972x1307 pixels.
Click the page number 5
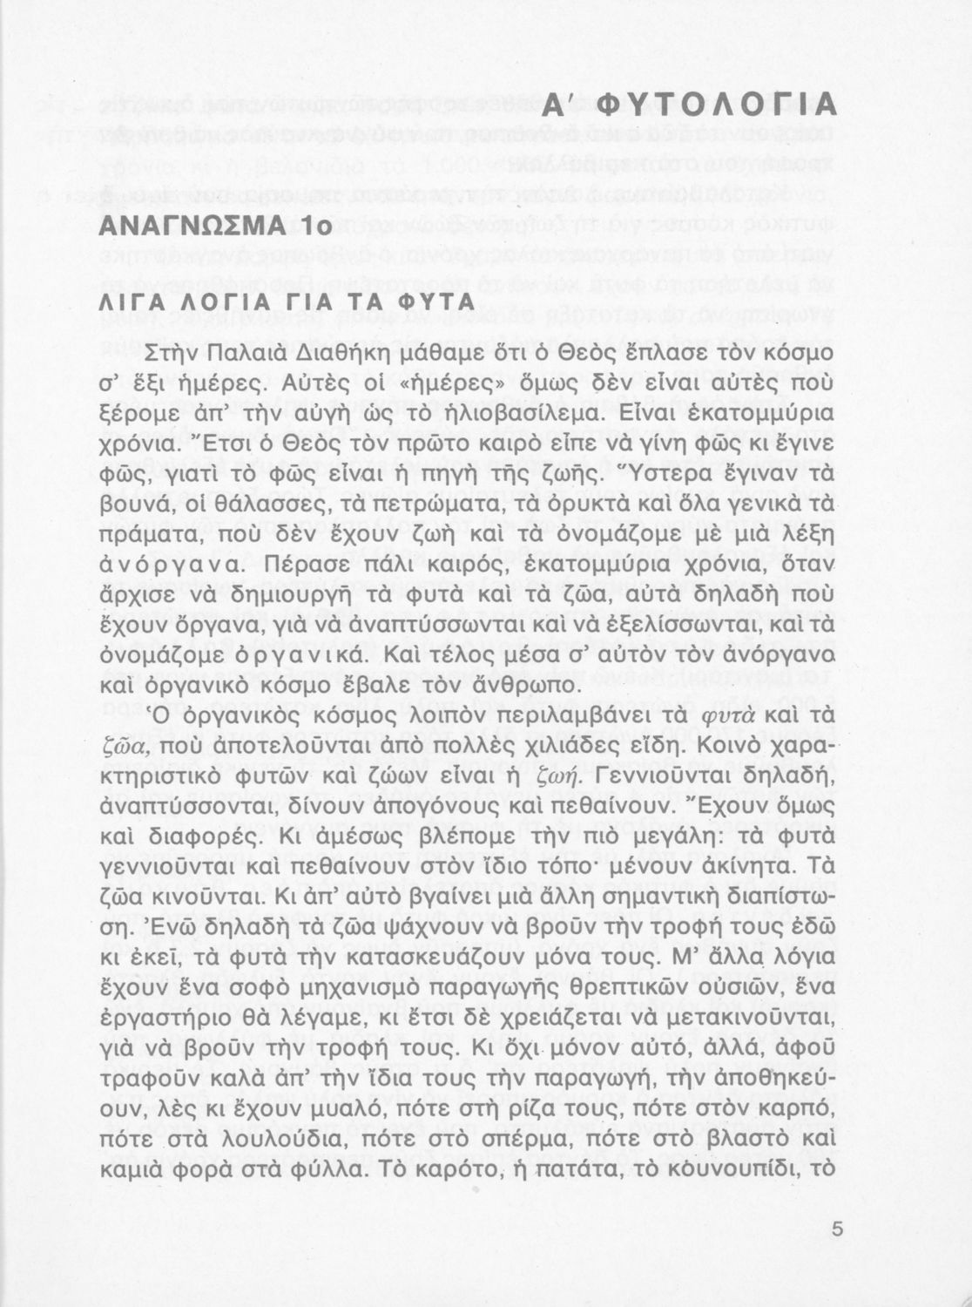(838, 1230)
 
